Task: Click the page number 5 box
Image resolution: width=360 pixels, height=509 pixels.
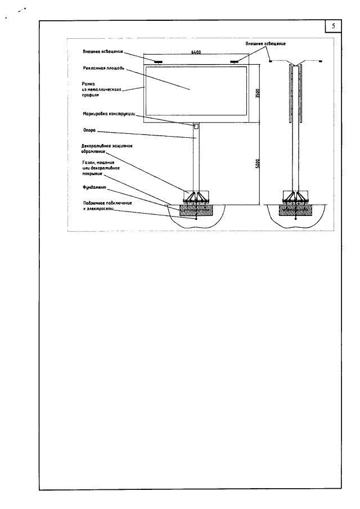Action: (x=334, y=26)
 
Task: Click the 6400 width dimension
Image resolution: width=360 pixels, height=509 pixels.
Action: (x=196, y=52)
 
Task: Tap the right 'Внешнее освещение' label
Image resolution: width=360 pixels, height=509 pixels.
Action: (x=265, y=43)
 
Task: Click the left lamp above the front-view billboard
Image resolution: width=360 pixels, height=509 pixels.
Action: (x=159, y=61)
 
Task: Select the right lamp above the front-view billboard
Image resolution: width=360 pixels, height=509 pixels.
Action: (x=235, y=61)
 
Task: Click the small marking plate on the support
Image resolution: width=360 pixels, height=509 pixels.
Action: (x=196, y=127)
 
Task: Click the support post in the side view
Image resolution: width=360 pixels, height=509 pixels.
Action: (x=295, y=157)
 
